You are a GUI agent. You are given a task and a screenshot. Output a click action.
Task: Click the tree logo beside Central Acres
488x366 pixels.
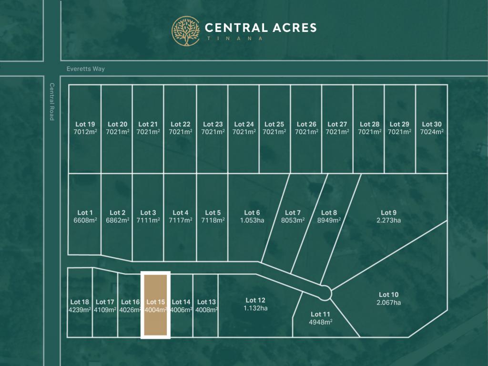[x=186, y=31]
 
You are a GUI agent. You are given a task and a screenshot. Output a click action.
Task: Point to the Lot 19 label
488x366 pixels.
[x=85, y=124]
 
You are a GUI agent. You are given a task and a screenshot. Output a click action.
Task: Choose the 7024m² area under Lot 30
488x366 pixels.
[x=432, y=132]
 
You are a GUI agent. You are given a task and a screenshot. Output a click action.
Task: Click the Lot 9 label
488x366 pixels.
[x=388, y=212]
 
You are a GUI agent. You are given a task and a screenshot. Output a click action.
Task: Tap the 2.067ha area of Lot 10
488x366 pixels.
[x=388, y=303]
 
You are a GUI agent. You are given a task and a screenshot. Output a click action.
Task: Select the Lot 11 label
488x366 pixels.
[x=320, y=314]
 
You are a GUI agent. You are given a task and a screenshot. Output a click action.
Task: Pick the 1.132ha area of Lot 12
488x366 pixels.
[x=255, y=308]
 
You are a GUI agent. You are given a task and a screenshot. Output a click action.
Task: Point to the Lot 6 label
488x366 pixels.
[x=252, y=212]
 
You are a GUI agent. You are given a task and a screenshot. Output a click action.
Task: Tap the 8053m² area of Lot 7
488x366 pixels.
[x=293, y=220]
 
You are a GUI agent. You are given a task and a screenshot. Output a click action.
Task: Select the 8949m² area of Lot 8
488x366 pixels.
[x=329, y=220]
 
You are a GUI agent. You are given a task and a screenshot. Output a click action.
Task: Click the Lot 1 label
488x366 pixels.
[x=85, y=212]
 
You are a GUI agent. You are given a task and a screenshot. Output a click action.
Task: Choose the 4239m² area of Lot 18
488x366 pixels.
[x=79, y=310]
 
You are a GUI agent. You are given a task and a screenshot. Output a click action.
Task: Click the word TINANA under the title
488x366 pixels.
[x=234, y=39]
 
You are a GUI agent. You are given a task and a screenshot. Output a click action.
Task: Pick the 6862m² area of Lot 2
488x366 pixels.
[x=117, y=220]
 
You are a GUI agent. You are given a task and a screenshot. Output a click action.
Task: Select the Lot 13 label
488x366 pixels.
[x=206, y=302]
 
